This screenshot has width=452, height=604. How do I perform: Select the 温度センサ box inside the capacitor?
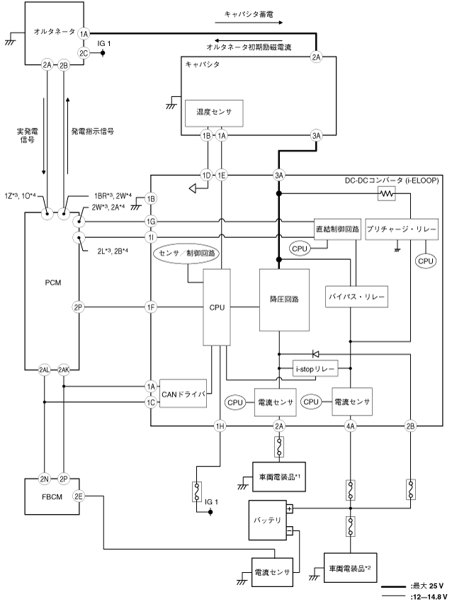point(208,112)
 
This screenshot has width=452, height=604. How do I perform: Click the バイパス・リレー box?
point(356,297)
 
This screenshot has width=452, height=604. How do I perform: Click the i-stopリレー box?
point(315,369)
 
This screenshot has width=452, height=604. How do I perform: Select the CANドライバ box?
point(183,393)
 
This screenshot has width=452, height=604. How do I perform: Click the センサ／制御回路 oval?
point(188,253)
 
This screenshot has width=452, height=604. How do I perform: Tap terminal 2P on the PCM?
point(78,307)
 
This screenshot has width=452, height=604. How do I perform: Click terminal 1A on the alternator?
point(84,33)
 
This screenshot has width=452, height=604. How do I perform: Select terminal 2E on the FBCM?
point(78,496)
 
